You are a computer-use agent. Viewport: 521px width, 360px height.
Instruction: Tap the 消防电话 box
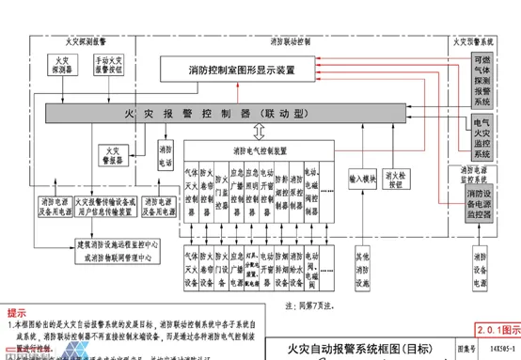coord(166,155)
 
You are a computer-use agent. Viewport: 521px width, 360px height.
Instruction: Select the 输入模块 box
coord(363,177)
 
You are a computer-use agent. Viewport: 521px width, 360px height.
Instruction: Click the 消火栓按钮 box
coord(406,177)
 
